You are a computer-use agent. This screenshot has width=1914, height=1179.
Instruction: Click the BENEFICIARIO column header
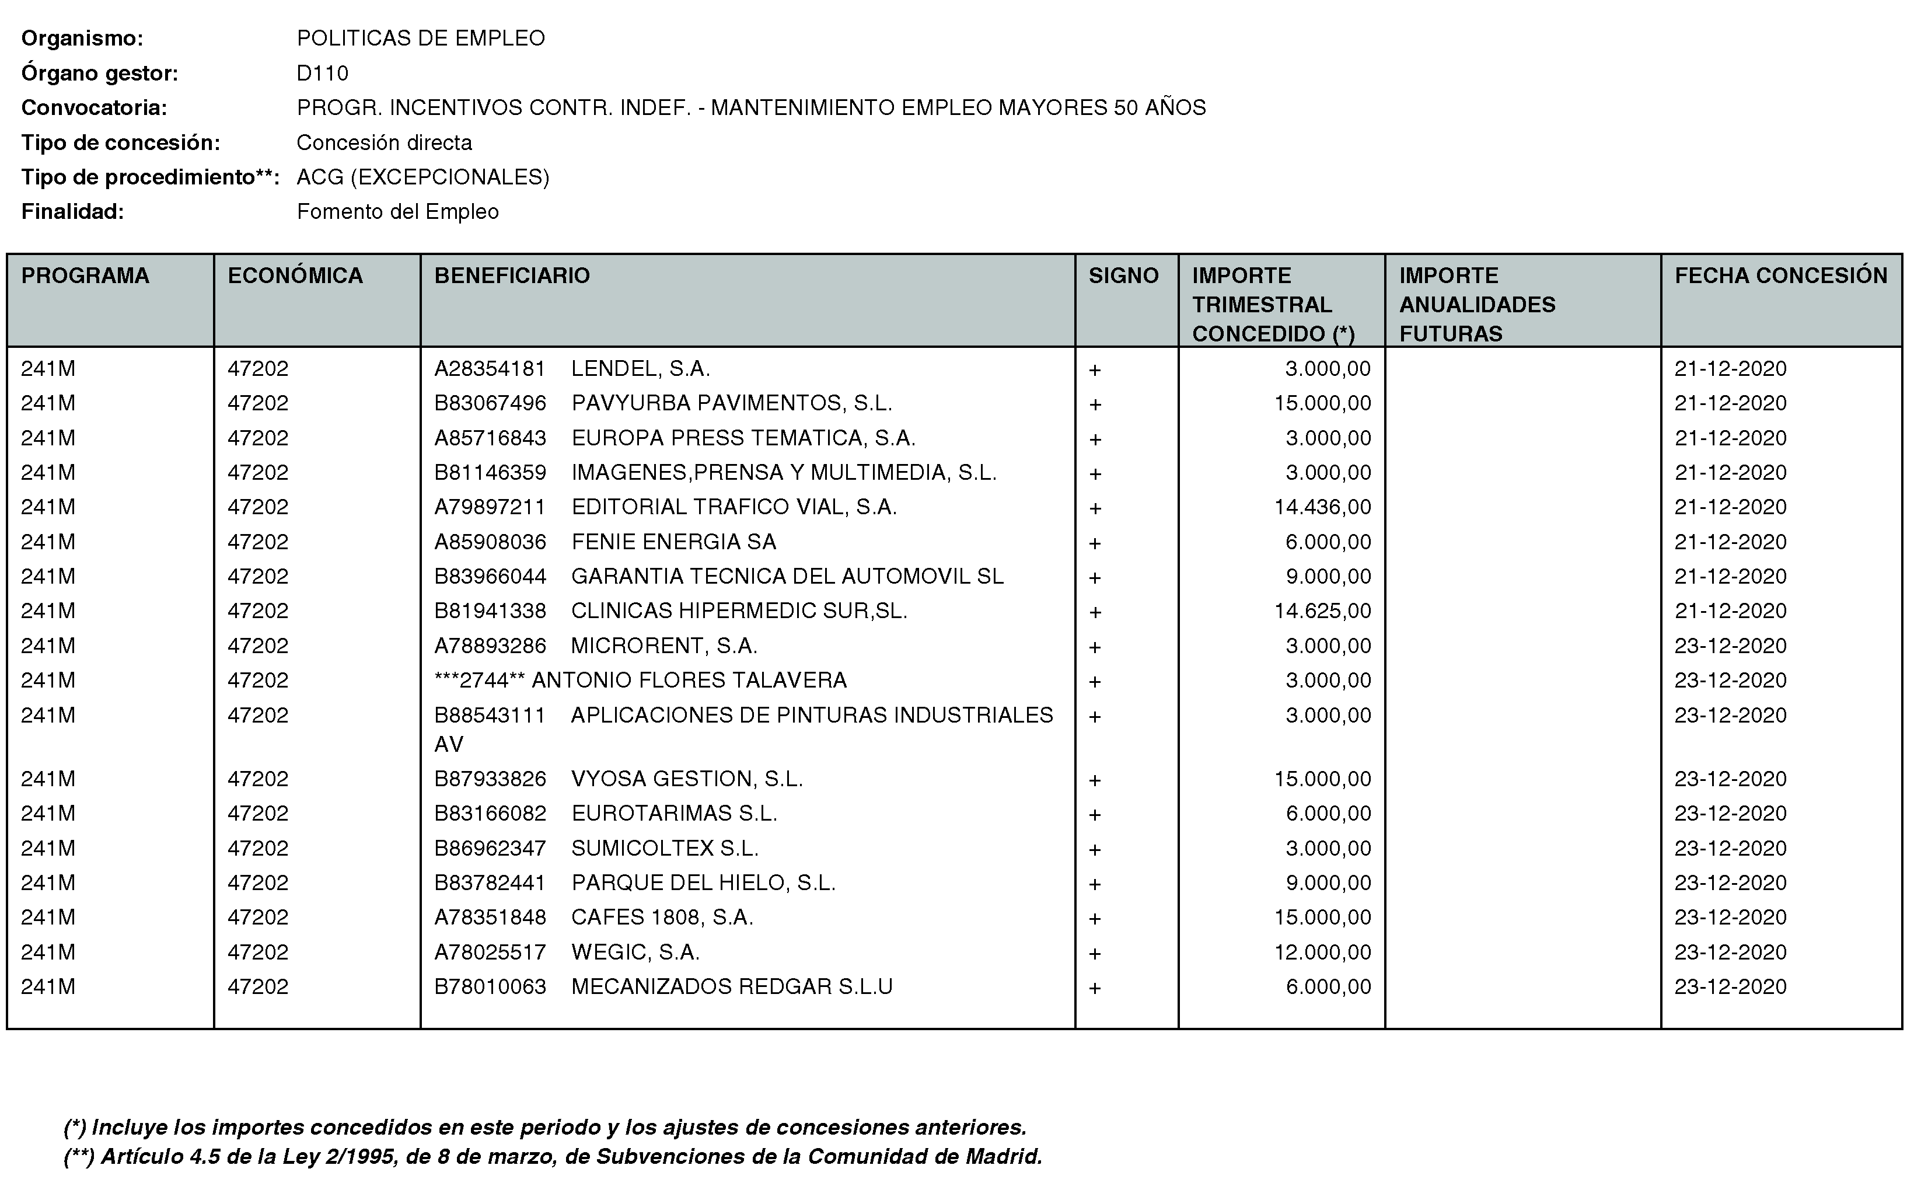point(511,275)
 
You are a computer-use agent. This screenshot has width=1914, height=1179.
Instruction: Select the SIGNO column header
point(1123,275)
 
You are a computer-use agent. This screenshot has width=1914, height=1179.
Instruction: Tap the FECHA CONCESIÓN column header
point(1781,275)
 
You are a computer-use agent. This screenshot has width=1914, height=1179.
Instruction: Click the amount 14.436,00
point(1322,507)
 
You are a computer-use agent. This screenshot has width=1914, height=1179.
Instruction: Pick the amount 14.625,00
point(1322,611)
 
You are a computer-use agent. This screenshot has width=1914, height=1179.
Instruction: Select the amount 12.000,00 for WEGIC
point(1322,952)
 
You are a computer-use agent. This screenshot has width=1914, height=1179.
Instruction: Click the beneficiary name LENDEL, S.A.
point(640,368)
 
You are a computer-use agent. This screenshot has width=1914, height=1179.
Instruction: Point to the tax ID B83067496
point(490,403)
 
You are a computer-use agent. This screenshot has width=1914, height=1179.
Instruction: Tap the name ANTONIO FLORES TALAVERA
point(689,680)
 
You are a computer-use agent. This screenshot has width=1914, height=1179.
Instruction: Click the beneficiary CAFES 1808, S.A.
point(662,917)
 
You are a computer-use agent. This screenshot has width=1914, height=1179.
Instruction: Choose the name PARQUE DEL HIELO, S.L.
point(703,882)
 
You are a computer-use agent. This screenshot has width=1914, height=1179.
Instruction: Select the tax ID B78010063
point(490,986)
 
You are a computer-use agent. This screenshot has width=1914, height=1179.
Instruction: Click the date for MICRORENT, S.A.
point(1730,646)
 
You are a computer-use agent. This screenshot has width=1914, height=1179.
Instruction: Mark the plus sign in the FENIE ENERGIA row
point(1095,543)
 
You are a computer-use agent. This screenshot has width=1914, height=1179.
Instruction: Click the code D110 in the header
point(322,74)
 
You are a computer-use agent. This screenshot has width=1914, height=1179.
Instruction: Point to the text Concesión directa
point(385,142)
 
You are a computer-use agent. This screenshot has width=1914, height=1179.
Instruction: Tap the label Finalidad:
point(72,211)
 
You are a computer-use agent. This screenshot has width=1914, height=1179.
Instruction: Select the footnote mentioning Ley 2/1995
point(553,1156)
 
